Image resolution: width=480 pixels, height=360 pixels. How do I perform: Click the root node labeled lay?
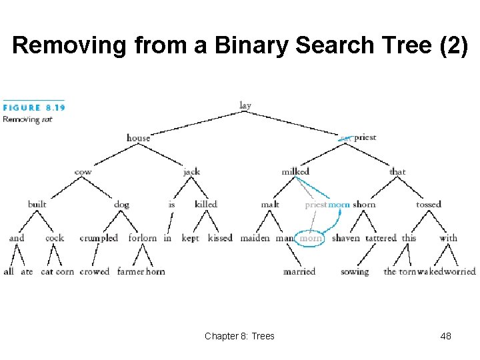[x=245, y=105]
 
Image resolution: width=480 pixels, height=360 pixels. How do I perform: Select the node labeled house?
[x=139, y=138]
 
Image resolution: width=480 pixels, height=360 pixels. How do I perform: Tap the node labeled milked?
[x=295, y=171]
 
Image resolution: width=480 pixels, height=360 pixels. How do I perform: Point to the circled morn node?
[x=310, y=238]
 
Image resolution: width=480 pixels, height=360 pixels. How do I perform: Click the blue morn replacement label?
[x=339, y=205]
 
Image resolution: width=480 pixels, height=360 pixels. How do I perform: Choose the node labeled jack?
[x=191, y=171]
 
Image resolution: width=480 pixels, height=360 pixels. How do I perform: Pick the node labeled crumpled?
[x=99, y=238]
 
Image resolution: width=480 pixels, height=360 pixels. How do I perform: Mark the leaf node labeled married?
[x=299, y=271]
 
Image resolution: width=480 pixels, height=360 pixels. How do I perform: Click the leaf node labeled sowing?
[x=354, y=271]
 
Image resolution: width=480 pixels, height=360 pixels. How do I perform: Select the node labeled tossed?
[x=429, y=205]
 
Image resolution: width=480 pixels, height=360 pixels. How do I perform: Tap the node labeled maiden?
[x=255, y=238]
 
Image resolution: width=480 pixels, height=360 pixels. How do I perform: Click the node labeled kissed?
[x=220, y=238]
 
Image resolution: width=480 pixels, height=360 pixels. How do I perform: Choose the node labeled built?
[x=37, y=205]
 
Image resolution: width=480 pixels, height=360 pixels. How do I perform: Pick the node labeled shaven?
[x=345, y=238]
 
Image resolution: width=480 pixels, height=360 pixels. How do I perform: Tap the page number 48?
[x=446, y=336]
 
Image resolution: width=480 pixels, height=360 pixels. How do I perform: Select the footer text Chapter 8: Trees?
[x=239, y=336]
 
